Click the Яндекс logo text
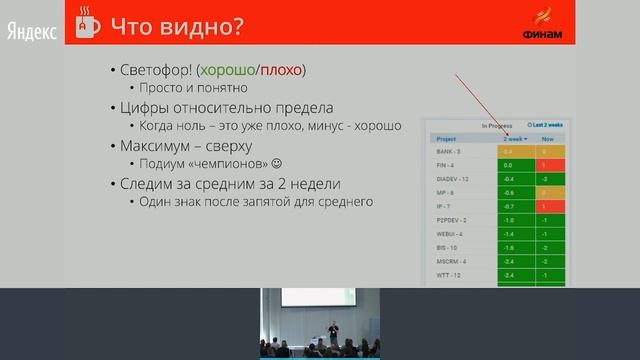tap(32, 31)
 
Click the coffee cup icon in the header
tap(89, 23)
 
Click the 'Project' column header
tap(447, 138)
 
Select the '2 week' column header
tap(515, 138)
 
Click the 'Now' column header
tap(548, 138)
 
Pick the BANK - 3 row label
tap(448, 151)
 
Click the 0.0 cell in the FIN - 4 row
tap(509, 165)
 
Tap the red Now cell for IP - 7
tap(548, 206)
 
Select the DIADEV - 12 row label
tap(453, 179)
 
